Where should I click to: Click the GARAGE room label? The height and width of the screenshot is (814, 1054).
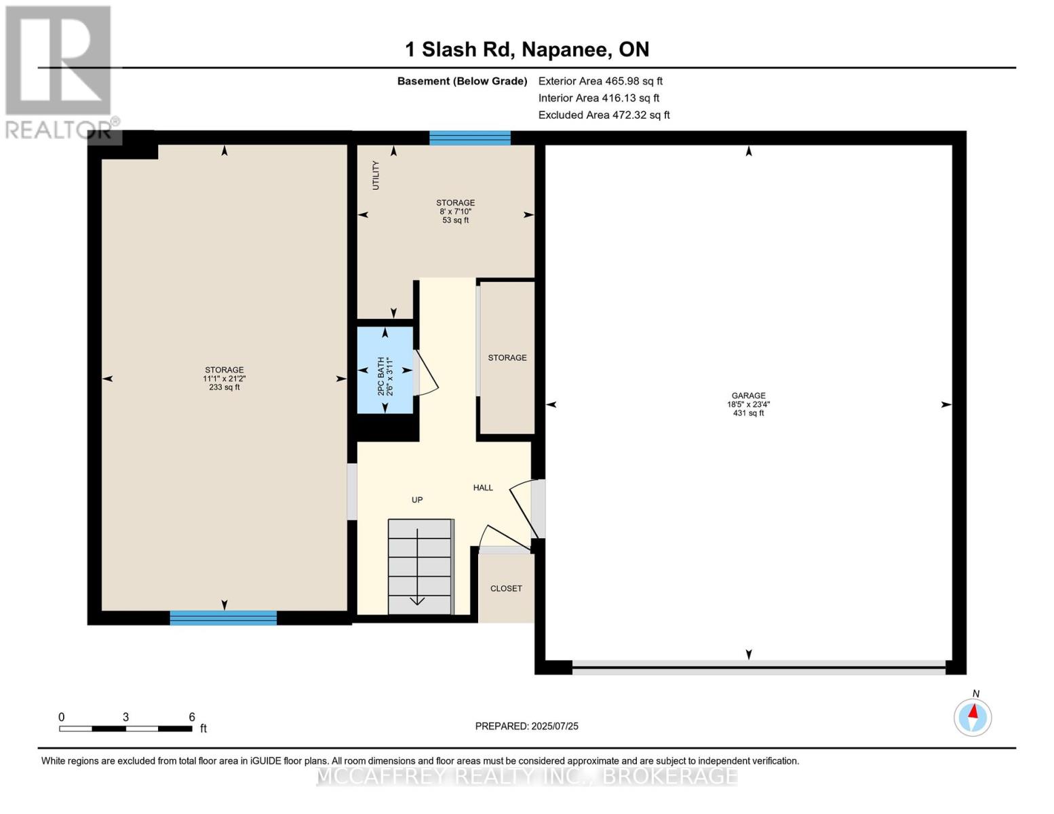tap(748, 395)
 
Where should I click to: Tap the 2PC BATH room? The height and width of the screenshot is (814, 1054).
tap(385, 370)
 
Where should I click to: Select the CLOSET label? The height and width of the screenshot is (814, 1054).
tap(506, 589)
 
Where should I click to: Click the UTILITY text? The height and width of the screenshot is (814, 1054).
tap(376, 175)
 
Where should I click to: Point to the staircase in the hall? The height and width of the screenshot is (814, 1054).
tap(420, 566)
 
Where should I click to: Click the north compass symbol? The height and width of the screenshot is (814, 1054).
tap(973, 716)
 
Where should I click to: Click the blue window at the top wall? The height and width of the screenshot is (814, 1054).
tap(470, 138)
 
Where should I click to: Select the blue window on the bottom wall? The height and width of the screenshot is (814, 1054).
tap(223, 617)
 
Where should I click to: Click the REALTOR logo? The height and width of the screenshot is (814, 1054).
tap(59, 72)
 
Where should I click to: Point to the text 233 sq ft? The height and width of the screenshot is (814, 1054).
tap(225, 387)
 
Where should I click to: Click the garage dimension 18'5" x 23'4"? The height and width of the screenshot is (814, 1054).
tap(748, 404)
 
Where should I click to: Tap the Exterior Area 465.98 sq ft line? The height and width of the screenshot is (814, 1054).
tap(600, 81)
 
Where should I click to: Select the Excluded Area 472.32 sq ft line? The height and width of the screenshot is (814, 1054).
tap(604, 115)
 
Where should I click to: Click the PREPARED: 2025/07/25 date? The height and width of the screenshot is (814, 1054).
tap(526, 726)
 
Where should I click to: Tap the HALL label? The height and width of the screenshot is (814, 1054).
tap(483, 488)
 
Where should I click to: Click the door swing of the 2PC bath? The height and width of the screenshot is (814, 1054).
tap(427, 373)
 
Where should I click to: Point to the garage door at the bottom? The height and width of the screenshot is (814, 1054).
tap(758, 667)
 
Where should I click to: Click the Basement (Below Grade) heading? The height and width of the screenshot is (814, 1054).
tap(462, 81)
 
